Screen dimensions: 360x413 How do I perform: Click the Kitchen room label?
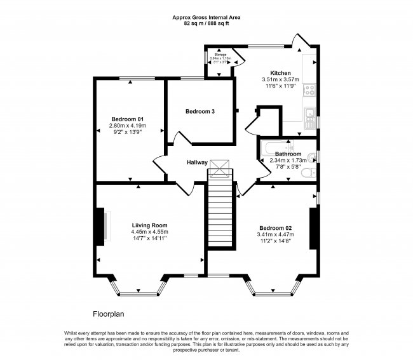280,73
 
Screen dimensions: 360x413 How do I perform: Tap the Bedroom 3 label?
200,112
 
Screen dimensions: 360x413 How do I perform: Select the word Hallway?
197,163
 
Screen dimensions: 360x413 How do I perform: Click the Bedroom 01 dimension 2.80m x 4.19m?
128,126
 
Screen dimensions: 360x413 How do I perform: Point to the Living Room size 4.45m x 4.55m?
149,232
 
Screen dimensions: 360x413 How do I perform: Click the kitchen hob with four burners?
309,90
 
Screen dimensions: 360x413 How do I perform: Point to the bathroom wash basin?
312,157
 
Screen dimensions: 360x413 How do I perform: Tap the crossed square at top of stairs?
221,167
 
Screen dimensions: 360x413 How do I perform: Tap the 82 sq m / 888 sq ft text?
207,23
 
